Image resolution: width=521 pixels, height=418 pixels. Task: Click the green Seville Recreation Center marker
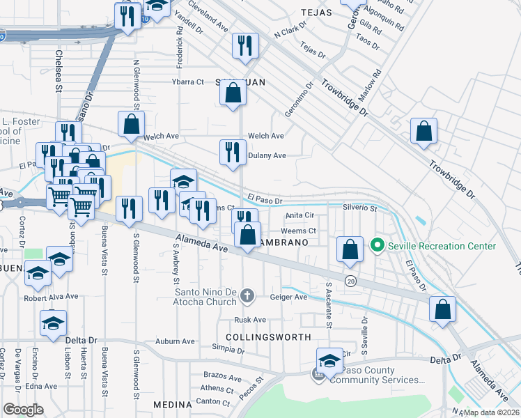[378, 246]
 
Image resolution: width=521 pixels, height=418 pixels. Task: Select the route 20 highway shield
[350, 280]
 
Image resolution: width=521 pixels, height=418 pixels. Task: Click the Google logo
[23, 410]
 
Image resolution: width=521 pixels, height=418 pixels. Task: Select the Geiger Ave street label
[289, 297]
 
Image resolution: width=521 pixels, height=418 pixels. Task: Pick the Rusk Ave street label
[250, 320]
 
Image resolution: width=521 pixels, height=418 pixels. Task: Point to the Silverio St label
[360, 208]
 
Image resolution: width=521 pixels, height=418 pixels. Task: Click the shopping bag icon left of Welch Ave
[131, 125]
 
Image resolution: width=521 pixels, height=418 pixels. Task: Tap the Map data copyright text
[491, 412]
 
